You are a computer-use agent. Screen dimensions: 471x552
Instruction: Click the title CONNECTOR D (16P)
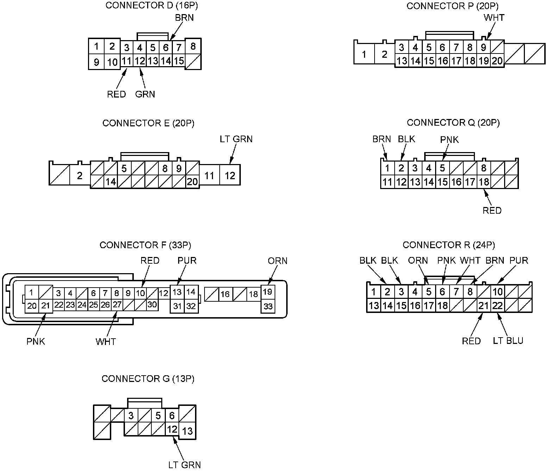[x=149, y=6]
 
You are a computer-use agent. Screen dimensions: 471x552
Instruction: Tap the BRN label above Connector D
[x=184, y=17]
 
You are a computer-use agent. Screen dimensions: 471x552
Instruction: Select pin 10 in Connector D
[x=112, y=62]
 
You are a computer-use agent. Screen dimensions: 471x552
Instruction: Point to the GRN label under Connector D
[x=145, y=94]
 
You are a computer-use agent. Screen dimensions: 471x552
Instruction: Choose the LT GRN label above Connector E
[x=236, y=139]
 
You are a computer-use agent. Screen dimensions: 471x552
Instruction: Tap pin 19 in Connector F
[x=268, y=292]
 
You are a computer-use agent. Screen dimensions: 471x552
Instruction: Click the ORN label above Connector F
[x=277, y=261]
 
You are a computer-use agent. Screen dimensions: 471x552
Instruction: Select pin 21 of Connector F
[x=45, y=306]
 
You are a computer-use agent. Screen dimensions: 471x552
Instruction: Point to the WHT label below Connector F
[x=106, y=341]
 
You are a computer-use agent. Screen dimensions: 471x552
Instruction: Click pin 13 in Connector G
[x=188, y=431]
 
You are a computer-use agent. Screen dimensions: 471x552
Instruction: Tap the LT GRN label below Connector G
[x=184, y=465]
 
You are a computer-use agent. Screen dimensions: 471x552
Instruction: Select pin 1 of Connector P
[x=364, y=55]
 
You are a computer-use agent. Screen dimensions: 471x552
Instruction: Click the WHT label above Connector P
[x=494, y=17]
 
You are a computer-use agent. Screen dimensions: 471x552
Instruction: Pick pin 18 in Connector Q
[x=484, y=182]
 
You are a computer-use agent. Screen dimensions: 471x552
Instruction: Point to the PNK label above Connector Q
[x=450, y=140]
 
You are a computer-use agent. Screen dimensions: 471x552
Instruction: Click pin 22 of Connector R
[x=497, y=305]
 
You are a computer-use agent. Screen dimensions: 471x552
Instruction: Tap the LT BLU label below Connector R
[x=508, y=341]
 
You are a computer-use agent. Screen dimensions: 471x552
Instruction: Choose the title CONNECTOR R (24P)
[x=448, y=245]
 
